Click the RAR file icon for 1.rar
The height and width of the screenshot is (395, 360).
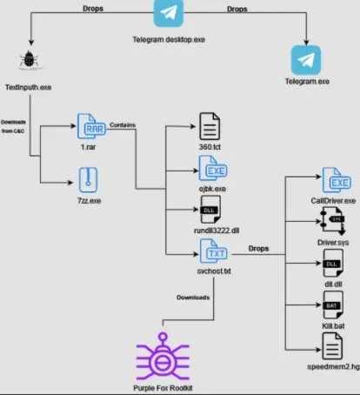pyautogui.click(x=89, y=128)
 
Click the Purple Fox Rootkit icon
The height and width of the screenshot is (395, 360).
pyautogui.click(x=162, y=358)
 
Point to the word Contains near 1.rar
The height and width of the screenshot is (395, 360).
pyautogui.click(x=123, y=124)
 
